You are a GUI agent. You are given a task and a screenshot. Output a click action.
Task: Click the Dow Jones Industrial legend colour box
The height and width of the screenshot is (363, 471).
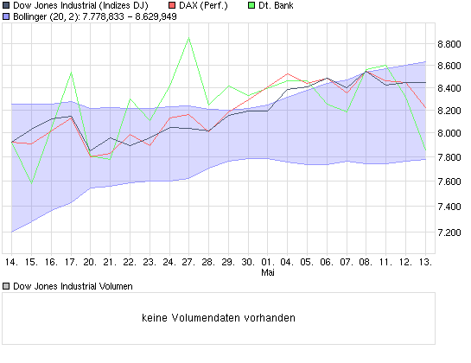click(6, 6)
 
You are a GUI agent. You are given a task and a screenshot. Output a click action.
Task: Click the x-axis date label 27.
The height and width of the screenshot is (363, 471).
click(188, 261)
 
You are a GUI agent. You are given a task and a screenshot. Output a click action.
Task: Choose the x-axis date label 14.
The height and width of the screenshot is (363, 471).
click(11, 261)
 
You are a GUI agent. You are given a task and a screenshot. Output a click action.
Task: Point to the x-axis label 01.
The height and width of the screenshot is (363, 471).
click(267, 261)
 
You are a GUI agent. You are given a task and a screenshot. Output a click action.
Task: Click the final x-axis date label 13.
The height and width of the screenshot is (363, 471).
click(425, 261)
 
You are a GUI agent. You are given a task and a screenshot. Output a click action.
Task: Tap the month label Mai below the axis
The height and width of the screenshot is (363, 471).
click(267, 272)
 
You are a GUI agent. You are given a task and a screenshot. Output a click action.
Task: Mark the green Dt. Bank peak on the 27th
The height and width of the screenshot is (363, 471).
click(188, 38)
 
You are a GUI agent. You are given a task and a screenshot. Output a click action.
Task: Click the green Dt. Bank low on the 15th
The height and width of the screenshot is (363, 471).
click(31, 182)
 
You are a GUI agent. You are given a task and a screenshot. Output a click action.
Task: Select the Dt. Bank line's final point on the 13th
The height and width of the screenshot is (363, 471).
click(425, 152)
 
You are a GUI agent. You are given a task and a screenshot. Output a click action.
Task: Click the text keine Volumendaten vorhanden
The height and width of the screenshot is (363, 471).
click(219, 317)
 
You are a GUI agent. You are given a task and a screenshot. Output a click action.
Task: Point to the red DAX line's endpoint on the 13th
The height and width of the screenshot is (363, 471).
click(425, 107)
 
